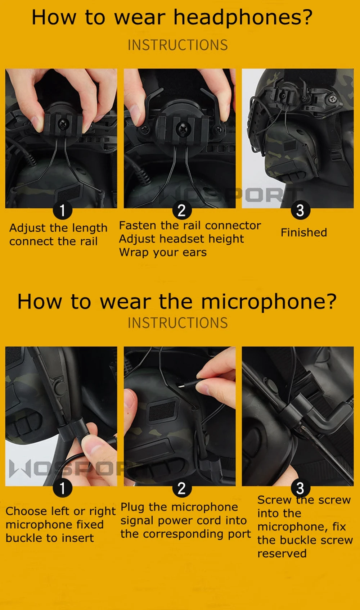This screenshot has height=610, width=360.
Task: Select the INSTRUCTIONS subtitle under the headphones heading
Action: coord(178,45)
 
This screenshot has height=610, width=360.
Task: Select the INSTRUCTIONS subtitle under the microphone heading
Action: coord(178,323)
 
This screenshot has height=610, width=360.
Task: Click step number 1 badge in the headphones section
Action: coord(62,210)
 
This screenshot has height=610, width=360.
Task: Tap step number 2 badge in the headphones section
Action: coord(182,210)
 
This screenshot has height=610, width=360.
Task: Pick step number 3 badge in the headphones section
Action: coord(300,210)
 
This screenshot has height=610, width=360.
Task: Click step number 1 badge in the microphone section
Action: coord(62,488)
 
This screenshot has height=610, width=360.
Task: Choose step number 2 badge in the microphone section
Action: coord(182,488)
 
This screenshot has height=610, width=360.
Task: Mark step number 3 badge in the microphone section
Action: coord(300,488)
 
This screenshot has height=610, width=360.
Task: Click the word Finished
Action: coord(304,232)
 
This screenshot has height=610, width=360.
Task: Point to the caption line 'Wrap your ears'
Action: coord(163,253)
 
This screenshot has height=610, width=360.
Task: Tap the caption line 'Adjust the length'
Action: coord(58,228)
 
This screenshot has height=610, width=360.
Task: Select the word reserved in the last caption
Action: coord(282,553)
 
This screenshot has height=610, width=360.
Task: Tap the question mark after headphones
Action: coord(307,17)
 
